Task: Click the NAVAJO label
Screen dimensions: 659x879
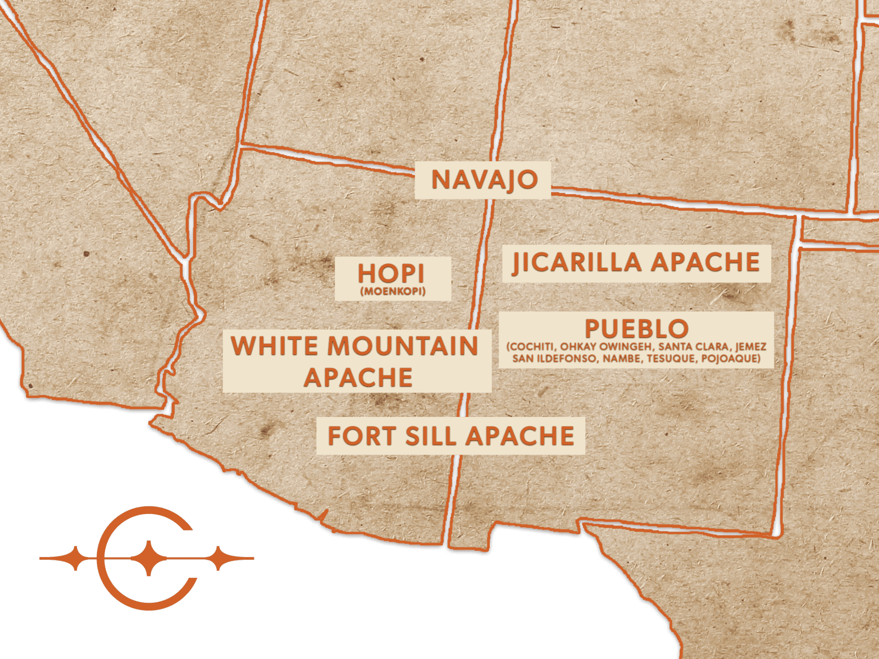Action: point(484,180)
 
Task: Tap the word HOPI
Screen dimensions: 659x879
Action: point(391,273)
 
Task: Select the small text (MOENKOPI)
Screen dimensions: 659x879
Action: point(393,292)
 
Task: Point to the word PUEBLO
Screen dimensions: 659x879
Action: point(636,329)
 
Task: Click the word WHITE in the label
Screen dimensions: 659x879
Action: point(274,346)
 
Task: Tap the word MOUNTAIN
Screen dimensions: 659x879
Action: point(402,346)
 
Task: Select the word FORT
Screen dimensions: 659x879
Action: point(361,436)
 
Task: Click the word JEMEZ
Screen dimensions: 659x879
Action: point(751,347)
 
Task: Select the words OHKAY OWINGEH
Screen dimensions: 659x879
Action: point(606,347)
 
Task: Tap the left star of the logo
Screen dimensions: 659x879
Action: point(75,558)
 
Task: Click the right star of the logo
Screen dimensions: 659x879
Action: point(220,558)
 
